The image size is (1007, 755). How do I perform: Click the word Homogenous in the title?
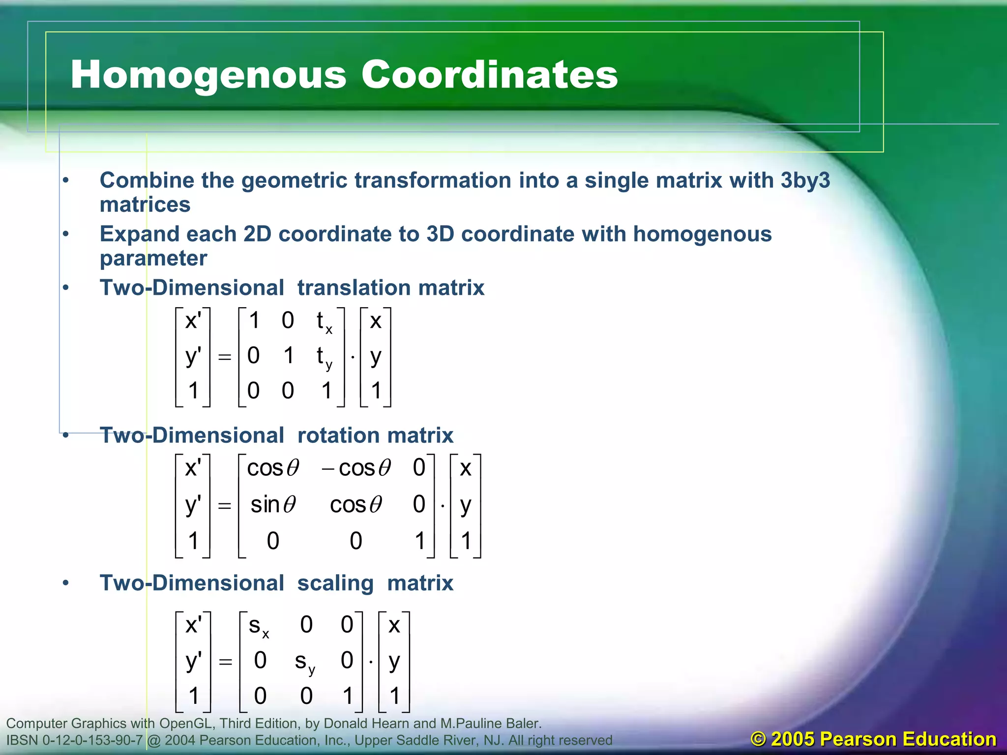(208, 75)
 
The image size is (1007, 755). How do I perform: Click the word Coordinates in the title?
(489, 75)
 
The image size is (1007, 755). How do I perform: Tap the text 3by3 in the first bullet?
(805, 180)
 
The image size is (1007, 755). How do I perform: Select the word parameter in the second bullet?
(153, 259)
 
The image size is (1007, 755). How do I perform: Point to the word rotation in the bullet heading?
(335, 436)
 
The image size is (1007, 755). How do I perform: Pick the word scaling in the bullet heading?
(335, 583)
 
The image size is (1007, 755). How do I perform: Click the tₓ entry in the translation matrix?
(324, 322)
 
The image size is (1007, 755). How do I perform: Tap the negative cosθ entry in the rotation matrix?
(356, 468)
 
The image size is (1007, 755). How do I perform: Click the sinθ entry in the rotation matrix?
(273, 505)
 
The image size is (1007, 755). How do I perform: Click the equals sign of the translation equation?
(225, 357)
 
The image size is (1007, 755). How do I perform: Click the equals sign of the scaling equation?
(225, 662)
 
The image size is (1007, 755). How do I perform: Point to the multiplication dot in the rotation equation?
(443, 506)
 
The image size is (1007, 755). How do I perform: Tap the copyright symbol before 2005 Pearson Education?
(759, 739)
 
